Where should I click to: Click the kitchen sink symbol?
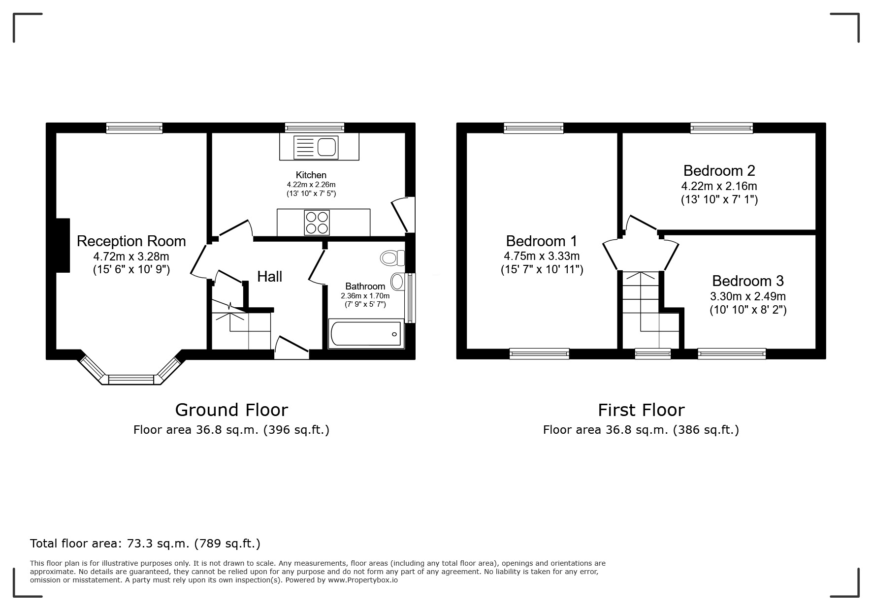[x=316, y=147]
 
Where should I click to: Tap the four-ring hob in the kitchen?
[x=317, y=223]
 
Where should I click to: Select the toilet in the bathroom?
[x=392, y=257]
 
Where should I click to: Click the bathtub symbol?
[x=366, y=334]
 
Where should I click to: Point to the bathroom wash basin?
[x=397, y=282]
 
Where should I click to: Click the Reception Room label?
[x=131, y=241]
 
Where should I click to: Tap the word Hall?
[x=269, y=277]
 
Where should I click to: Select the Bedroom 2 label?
[x=719, y=171]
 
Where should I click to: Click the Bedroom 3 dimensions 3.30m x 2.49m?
[x=747, y=296]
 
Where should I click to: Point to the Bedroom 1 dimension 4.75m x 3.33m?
[x=541, y=256]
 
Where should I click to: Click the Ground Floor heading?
[x=231, y=410]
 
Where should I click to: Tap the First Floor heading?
[x=641, y=410]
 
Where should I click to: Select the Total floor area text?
[x=145, y=544]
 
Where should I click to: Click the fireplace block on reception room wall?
[x=63, y=245]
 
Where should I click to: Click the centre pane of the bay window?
[x=131, y=380]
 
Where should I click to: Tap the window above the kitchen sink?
[x=314, y=128]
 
